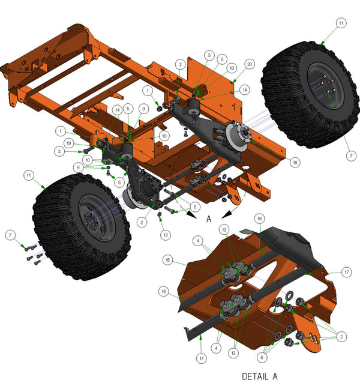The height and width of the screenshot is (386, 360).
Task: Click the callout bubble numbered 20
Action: (x=249, y=63)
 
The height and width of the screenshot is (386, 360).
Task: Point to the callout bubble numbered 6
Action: (x=193, y=207)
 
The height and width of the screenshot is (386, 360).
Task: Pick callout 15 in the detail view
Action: (x=168, y=259)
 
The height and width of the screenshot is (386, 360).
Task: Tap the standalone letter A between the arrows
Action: (x=209, y=220)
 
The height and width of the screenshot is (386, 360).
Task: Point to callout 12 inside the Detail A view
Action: (x=224, y=230)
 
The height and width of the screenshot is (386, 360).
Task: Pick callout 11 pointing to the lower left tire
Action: (x=28, y=175)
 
